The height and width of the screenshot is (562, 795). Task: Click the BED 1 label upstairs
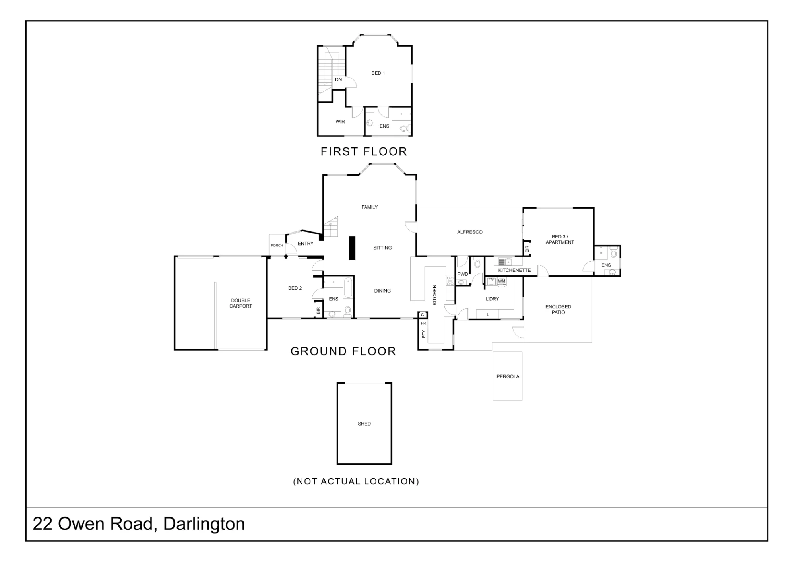pyautogui.click(x=378, y=73)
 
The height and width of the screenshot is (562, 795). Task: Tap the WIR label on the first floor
pyautogui.click(x=340, y=122)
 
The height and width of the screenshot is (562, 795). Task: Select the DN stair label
pyautogui.click(x=338, y=79)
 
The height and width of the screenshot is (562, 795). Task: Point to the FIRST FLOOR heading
pyautogui.click(x=364, y=151)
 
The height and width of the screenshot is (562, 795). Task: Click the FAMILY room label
pyautogui.click(x=370, y=207)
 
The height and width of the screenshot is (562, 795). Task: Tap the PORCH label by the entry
pyautogui.click(x=277, y=246)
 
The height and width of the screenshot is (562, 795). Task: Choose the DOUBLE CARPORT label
pyautogui.click(x=241, y=303)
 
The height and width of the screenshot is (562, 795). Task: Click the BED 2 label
pyautogui.click(x=295, y=288)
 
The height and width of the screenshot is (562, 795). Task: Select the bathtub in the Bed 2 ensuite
pyautogui.click(x=348, y=287)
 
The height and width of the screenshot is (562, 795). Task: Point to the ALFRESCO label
pyautogui.click(x=470, y=232)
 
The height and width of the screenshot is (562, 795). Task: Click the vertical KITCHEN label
pyautogui.click(x=434, y=295)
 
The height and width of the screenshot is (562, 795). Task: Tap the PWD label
pyautogui.click(x=463, y=274)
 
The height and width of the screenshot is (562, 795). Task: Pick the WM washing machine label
pyautogui.click(x=502, y=281)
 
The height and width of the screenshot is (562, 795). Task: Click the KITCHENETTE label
pyautogui.click(x=514, y=270)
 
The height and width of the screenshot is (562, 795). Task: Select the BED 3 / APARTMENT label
pyautogui.click(x=560, y=240)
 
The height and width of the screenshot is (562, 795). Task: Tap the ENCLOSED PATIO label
pyautogui.click(x=558, y=310)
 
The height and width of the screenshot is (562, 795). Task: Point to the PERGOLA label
pyautogui.click(x=508, y=376)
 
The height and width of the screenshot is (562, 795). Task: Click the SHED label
pyautogui.click(x=364, y=424)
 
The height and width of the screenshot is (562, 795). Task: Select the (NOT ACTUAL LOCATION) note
pyautogui.click(x=356, y=481)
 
